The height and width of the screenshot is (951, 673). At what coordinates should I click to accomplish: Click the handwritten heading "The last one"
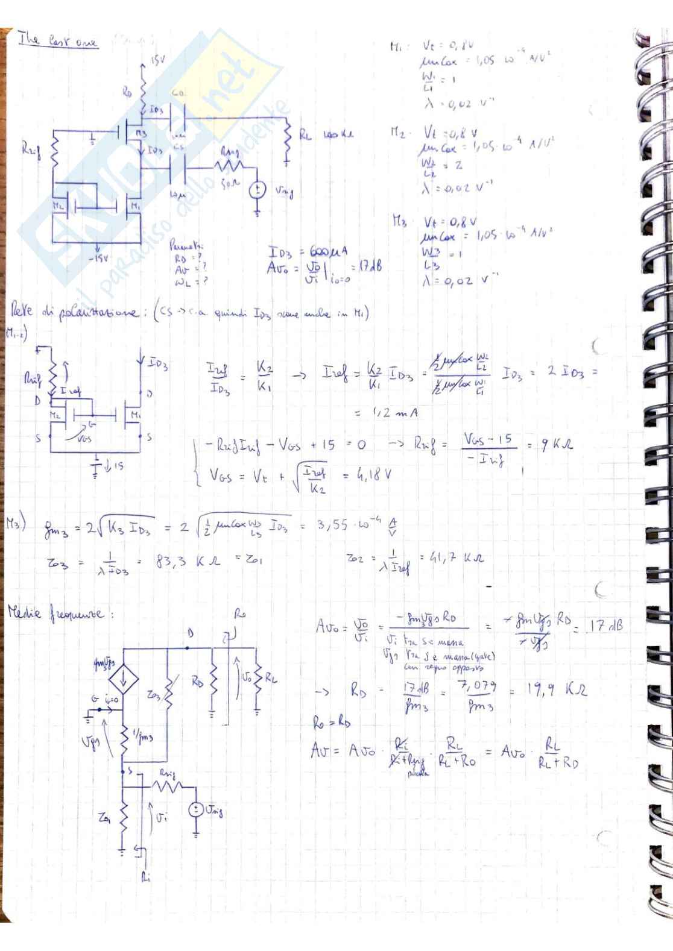pos(58,41)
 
